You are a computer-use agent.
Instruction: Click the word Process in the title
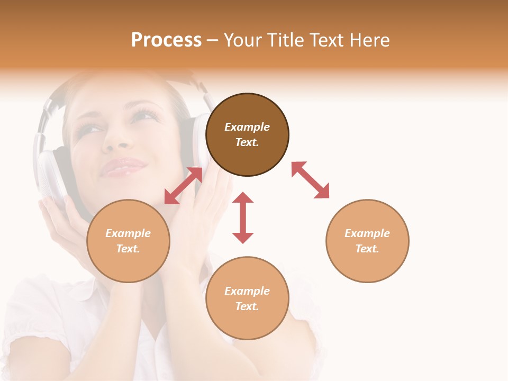click(x=166, y=40)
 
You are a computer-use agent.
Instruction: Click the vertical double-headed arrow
click(x=243, y=217)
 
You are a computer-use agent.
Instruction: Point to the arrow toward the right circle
click(x=310, y=180)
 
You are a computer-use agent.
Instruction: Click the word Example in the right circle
click(x=367, y=233)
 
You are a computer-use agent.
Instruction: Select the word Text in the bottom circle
click(x=246, y=306)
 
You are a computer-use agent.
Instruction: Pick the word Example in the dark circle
click(x=247, y=127)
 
